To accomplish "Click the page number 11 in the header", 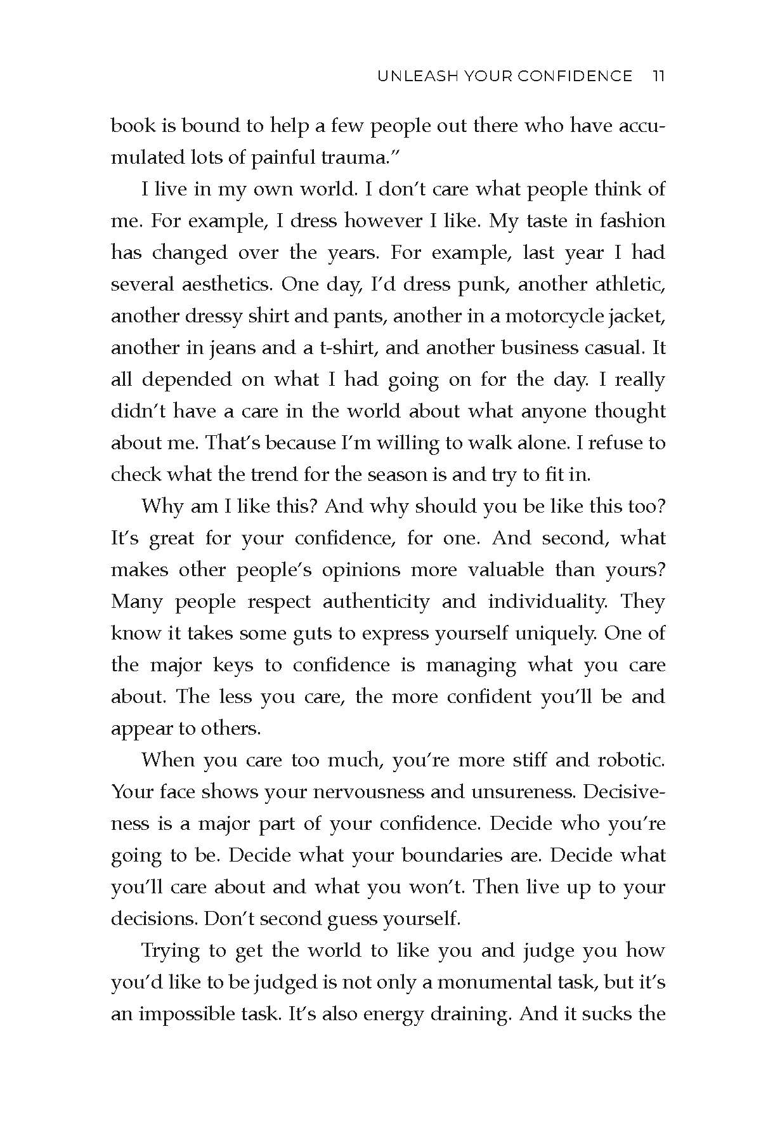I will [x=658, y=77].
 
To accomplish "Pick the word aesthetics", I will [x=222, y=284].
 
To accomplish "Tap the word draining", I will [x=470, y=1014].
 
